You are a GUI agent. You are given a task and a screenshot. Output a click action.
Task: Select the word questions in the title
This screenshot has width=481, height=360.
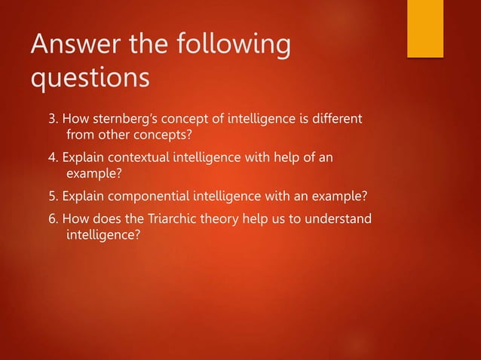click(90, 78)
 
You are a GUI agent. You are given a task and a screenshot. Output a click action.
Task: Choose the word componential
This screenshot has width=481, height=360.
click(152, 197)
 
